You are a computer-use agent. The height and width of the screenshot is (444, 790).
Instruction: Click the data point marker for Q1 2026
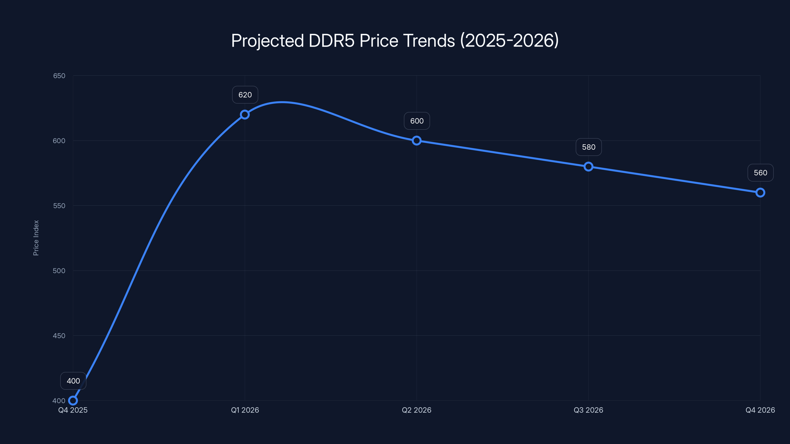245,115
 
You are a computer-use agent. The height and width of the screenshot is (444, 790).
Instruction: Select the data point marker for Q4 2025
73,401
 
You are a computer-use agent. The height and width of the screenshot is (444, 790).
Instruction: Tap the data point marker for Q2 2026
416,141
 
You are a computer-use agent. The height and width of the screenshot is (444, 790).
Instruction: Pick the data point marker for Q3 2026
588,167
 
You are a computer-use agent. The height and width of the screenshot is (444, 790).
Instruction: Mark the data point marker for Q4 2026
760,193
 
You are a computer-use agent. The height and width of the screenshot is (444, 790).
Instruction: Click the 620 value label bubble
245,95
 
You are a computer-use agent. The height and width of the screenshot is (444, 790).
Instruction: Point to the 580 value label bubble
589,147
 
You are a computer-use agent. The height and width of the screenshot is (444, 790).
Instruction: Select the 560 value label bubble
760,173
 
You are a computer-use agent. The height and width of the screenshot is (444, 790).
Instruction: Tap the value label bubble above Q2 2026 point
417,121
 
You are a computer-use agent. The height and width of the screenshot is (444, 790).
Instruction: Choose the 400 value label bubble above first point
73,381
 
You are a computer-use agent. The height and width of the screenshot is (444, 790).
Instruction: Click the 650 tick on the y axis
59,76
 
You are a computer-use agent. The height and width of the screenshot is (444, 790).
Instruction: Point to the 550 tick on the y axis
59,206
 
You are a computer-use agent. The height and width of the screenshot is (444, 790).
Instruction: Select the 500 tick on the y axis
59,271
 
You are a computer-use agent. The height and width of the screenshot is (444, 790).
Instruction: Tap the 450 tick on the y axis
59,335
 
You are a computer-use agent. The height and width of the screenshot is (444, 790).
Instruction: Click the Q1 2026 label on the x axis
245,410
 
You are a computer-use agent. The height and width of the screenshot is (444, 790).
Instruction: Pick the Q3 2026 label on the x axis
588,410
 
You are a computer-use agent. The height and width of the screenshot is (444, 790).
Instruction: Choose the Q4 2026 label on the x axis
760,410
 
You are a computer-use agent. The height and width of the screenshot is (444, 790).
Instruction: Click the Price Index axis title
36,238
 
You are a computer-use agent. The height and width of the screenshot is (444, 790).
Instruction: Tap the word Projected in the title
267,41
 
